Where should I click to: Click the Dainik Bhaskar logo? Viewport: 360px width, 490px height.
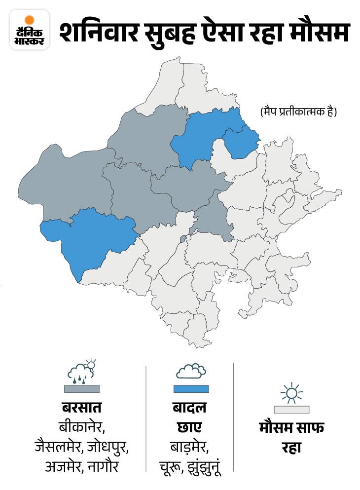point(30,29)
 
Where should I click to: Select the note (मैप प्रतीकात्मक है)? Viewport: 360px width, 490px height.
point(298,112)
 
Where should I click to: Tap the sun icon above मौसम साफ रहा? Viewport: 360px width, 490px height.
point(291,393)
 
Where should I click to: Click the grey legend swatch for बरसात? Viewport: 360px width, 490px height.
point(81,389)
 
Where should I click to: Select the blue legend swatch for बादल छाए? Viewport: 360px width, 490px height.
point(191,389)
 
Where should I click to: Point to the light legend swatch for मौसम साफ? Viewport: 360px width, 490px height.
point(291,410)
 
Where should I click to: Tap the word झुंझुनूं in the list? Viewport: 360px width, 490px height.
point(203,466)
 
